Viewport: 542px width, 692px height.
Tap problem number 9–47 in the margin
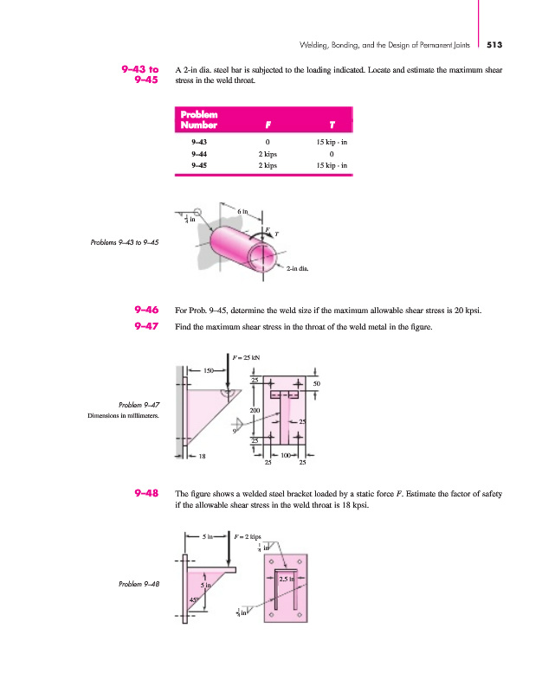[145, 326]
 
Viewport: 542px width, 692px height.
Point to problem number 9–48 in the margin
[145, 494]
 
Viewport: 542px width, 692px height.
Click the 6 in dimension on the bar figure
[245, 211]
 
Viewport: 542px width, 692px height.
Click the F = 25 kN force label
[247, 356]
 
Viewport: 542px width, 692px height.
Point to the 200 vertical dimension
[255, 409]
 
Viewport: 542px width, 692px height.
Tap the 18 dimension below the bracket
[202, 455]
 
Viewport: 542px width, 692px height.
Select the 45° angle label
[195, 599]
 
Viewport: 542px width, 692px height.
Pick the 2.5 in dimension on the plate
[288, 579]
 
